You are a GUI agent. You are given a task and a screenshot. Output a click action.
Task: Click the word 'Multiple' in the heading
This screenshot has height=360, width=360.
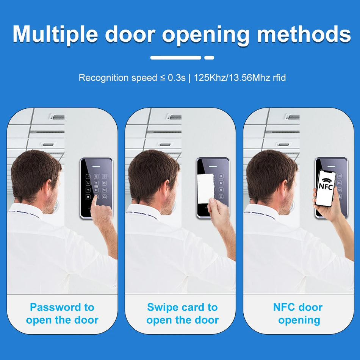[x=55, y=34]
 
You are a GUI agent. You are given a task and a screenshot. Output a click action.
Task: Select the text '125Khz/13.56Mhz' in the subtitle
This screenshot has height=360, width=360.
[x=232, y=78]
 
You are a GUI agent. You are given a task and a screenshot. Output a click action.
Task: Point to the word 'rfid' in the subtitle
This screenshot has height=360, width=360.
[x=279, y=78]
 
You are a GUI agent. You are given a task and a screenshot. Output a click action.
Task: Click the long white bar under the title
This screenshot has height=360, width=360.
[x=175, y=58]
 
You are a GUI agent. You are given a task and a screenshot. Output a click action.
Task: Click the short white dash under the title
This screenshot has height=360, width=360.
[x=209, y=58]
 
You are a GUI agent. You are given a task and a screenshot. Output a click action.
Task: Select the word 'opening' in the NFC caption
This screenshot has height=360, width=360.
[x=299, y=321]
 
